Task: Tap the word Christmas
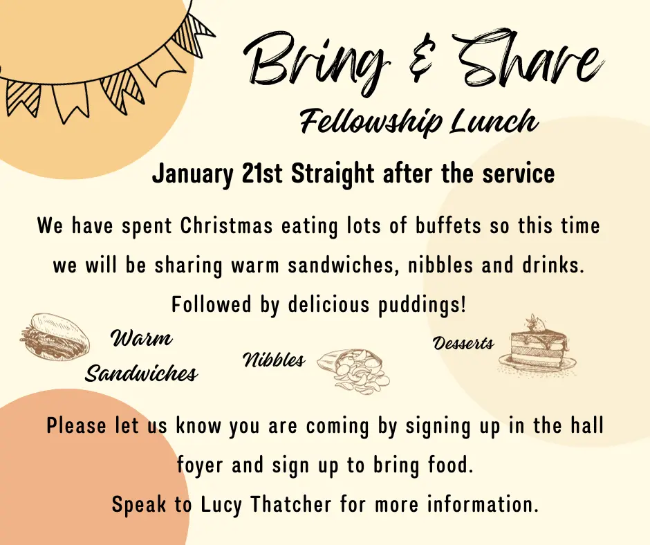click(227, 226)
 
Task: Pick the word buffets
click(448, 226)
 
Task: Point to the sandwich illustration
click(55, 338)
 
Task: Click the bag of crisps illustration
click(353, 371)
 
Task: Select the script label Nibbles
click(274, 360)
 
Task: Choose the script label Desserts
click(463, 344)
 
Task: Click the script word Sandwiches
click(141, 373)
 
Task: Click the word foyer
click(201, 465)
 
